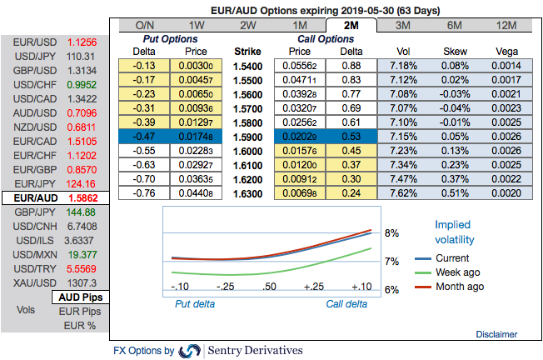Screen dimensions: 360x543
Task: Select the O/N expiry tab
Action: [x=144, y=25]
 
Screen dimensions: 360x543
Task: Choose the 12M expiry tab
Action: [x=506, y=25]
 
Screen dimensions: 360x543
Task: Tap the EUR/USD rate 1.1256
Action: [x=82, y=42]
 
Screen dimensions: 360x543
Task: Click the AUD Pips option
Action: [x=80, y=297]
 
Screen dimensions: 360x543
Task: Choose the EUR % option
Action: [x=80, y=326]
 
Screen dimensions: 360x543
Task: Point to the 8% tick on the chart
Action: [x=392, y=233]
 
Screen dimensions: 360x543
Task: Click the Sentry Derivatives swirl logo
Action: [x=190, y=351]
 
